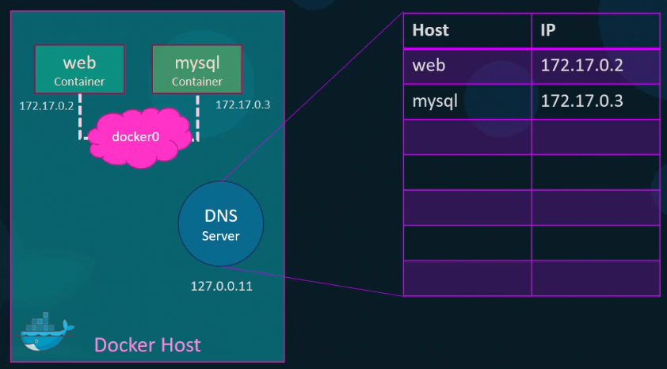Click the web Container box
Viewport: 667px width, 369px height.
(79, 68)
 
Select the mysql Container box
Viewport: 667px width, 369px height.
(196, 68)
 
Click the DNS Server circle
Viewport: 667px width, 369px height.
(221, 223)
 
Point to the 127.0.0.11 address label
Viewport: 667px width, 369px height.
(221, 286)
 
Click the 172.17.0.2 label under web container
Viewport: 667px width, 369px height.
(46, 105)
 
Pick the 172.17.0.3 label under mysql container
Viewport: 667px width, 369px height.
(242, 105)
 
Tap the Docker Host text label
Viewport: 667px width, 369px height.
(147, 345)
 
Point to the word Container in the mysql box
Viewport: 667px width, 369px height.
(196, 82)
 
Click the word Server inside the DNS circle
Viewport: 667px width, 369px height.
(221, 236)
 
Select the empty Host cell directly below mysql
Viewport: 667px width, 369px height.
(467, 136)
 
